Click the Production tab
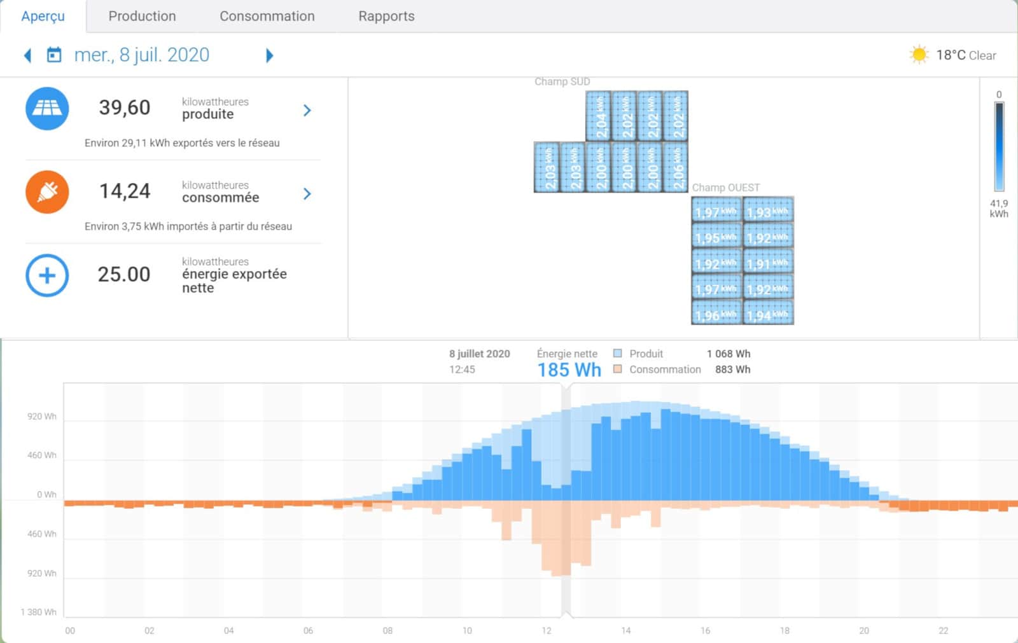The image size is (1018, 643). (x=142, y=17)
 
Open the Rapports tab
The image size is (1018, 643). (x=386, y=17)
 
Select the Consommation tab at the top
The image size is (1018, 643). (x=267, y=17)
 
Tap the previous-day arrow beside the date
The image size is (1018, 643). (x=27, y=56)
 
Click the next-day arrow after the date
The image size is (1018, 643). (x=269, y=56)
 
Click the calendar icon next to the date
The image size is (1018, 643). (x=54, y=55)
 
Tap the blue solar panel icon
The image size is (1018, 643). (x=47, y=109)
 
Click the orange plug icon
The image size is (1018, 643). (x=47, y=192)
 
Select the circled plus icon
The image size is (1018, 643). (x=47, y=275)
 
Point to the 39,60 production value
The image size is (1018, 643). (x=125, y=107)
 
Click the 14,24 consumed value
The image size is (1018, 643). (x=125, y=191)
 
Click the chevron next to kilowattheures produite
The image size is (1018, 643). (x=307, y=111)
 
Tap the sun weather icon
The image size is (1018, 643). (x=919, y=55)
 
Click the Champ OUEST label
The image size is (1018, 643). (x=725, y=188)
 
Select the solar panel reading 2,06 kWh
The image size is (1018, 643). (x=676, y=167)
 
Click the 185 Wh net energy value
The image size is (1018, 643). (x=569, y=370)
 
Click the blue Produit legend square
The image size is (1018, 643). (x=617, y=354)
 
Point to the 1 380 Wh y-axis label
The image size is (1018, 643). (x=38, y=612)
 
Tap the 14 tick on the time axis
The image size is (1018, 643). (x=625, y=631)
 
